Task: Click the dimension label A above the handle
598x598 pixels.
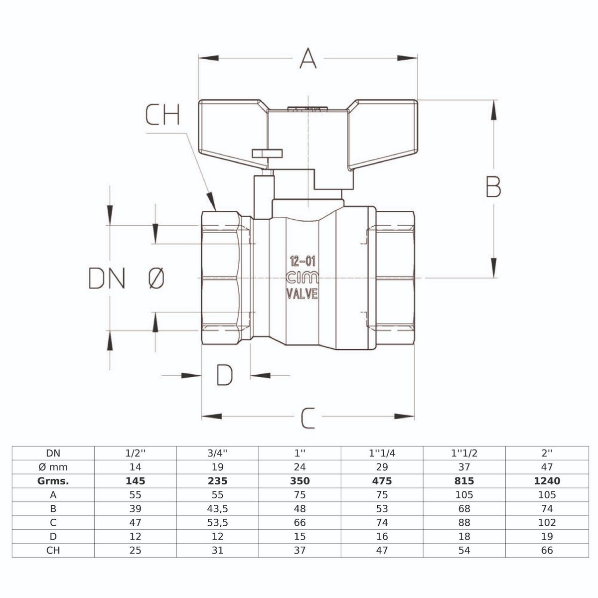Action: click(308, 59)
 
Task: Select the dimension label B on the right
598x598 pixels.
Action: click(493, 188)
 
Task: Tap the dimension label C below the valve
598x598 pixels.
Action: click(308, 418)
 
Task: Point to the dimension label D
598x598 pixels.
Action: click(225, 375)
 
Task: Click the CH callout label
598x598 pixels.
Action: click(162, 115)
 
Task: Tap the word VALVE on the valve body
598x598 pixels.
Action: click(302, 295)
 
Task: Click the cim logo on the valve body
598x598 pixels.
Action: click(302, 278)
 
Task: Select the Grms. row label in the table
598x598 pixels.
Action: click(53, 481)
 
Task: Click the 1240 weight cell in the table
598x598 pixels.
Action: click(547, 481)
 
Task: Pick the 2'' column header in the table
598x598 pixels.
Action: click(547, 453)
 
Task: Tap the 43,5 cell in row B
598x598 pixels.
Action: click(217, 509)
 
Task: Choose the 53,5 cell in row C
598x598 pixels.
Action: click(217, 523)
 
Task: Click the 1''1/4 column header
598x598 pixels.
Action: click(382, 453)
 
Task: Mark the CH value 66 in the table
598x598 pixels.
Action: click(547, 551)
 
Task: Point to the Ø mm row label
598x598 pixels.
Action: click(53, 467)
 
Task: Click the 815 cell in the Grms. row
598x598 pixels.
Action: click(464, 481)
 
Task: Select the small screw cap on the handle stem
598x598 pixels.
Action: click(267, 152)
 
